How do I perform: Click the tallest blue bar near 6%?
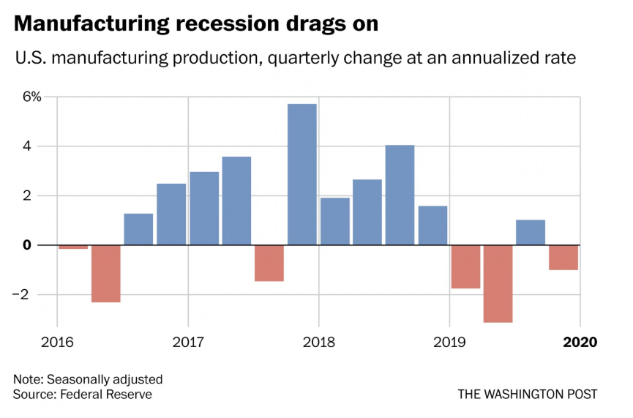(301, 174)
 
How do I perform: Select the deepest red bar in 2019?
(498, 283)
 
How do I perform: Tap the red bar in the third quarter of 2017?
(269, 263)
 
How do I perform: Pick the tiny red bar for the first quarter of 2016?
(73, 247)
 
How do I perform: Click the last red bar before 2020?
(563, 258)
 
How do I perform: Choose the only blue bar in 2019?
(531, 232)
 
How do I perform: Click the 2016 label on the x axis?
(57, 342)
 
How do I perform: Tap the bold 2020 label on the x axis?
(580, 342)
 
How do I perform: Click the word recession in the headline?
(236, 23)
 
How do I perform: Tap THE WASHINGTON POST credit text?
(528, 394)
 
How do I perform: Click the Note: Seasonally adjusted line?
(88, 379)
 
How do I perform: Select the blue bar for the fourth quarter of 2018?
(432, 225)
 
